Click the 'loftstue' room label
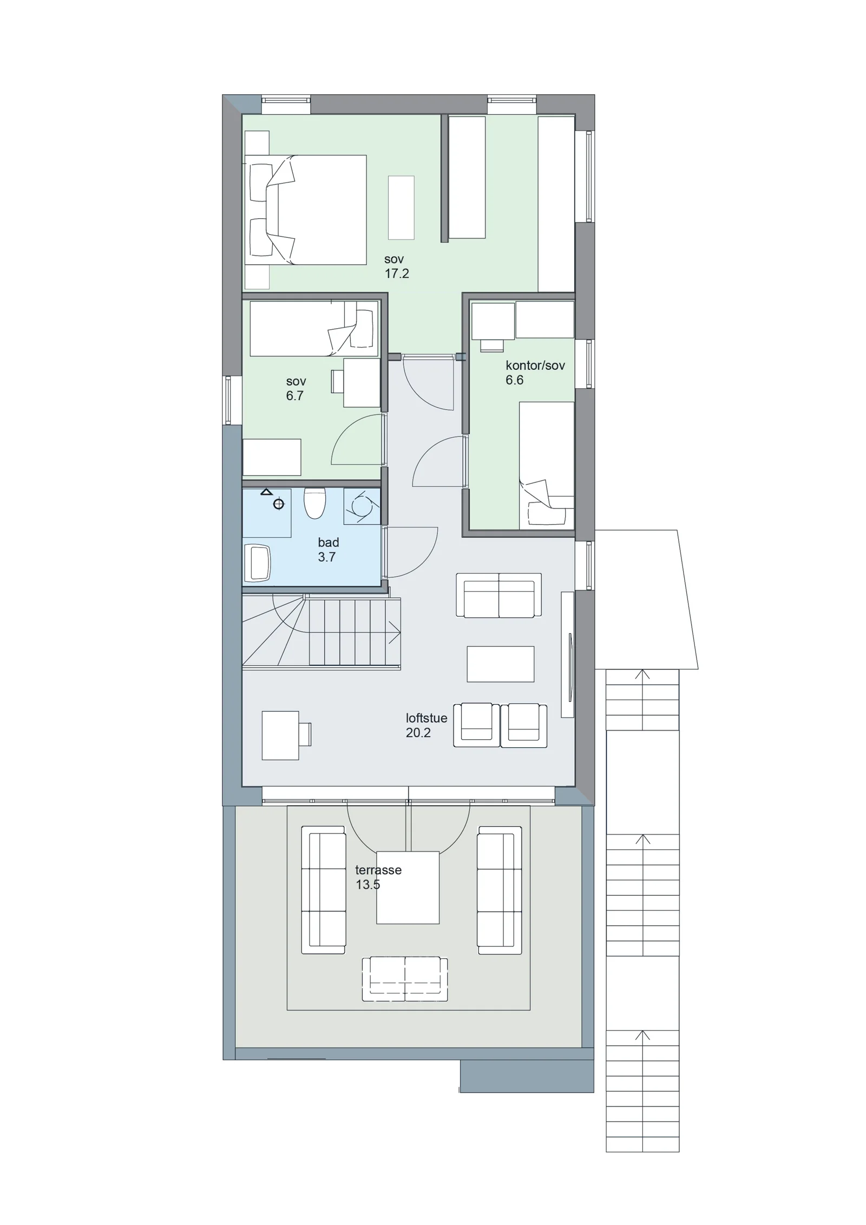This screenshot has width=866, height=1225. tap(427, 718)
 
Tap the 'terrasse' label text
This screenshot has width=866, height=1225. tap(378, 870)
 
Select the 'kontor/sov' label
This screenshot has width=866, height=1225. tap(535, 365)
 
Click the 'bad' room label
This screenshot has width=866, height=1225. tap(329, 542)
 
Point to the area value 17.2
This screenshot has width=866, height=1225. tap(397, 273)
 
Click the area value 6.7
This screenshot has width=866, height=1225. tap(294, 395)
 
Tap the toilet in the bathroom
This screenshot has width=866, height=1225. tap(314, 503)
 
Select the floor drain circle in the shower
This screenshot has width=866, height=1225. tap(279, 504)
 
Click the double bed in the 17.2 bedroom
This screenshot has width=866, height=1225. tap(306, 210)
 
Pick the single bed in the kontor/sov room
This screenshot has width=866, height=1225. tap(547, 465)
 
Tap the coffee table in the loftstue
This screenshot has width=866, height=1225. tap(501, 663)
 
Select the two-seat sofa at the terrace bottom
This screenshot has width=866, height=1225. tap(405, 979)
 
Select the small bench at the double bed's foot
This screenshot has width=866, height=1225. tap(401, 207)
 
